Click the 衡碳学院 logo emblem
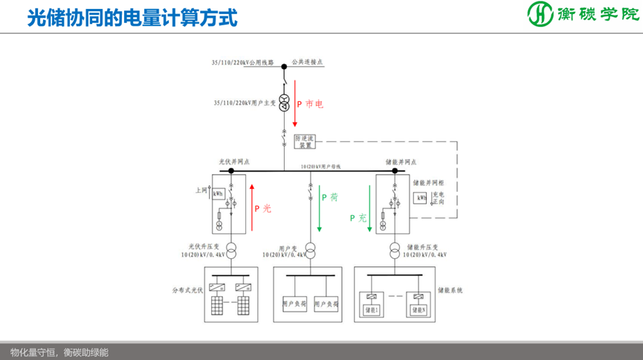pos(541,14)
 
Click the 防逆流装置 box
pos(306,142)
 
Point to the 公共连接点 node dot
pos(284,67)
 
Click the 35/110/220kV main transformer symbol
pos(284,103)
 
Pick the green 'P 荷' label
pos(329,198)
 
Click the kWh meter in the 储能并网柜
pos(421,199)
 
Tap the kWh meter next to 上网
pos(218,194)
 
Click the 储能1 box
pos(371,308)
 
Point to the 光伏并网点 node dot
pos(231,170)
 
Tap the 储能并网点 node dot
pos(392,170)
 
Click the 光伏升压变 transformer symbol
pos(231,251)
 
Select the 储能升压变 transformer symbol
pos(392,251)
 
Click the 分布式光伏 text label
pos(186,289)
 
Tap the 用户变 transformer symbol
pos(309,251)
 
